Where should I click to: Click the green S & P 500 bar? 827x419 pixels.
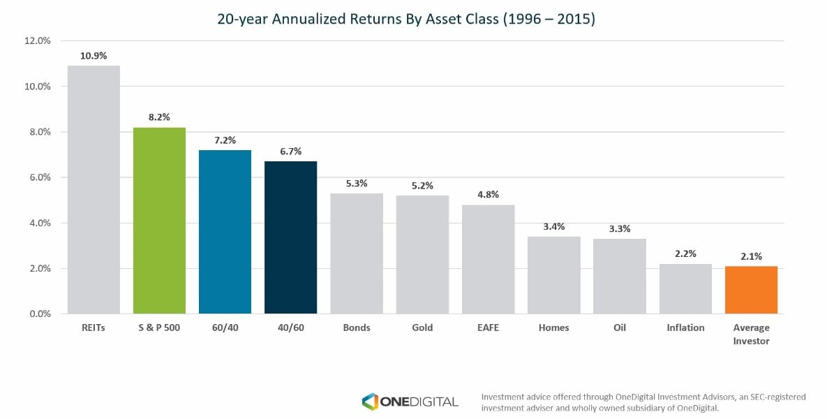pos(159,221)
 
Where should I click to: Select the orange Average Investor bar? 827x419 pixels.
pos(751,290)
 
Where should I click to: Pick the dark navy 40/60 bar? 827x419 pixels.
pos(290,237)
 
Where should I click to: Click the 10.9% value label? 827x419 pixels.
pos(94,56)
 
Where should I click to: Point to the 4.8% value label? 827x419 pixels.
pos(488,195)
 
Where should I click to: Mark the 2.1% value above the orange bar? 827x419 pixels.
pos(751,256)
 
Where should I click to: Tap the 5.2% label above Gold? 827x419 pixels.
pos(422,186)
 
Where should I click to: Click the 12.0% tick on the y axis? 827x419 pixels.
pos(38,41)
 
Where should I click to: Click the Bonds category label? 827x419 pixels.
pos(357,328)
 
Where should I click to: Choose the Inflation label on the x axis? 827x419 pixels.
pos(685,328)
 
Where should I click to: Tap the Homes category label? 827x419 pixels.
pos(553,328)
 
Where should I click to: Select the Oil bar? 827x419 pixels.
pos(620,277)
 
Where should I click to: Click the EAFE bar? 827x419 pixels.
pos(488,259)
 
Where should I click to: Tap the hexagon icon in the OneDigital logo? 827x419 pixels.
pos(370,401)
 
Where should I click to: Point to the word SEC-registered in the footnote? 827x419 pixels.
pos(775,397)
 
